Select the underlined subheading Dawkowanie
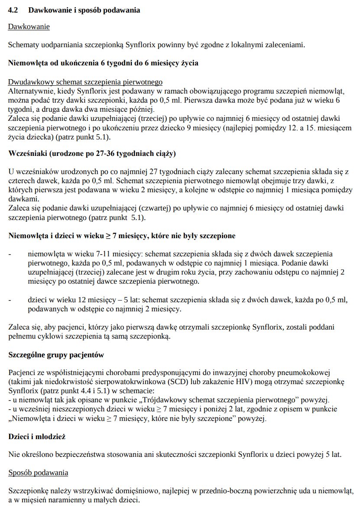coord(29,27)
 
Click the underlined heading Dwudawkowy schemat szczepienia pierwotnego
coord(85,81)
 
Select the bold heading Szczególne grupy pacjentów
coord(56,355)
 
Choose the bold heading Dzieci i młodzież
coord(37,437)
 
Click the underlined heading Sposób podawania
coord(38,472)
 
